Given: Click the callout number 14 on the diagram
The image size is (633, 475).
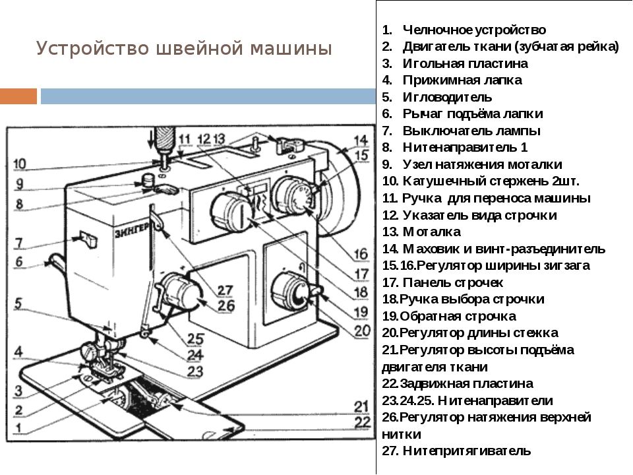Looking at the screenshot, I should pyautogui.click(x=359, y=140).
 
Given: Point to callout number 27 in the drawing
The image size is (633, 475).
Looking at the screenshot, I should pyautogui.click(x=226, y=291).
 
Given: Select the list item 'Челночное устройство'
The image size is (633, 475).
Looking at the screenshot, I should pyautogui.click(x=473, y=30).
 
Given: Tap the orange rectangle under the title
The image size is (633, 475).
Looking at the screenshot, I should pyautogui.click(x=18, y=96).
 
